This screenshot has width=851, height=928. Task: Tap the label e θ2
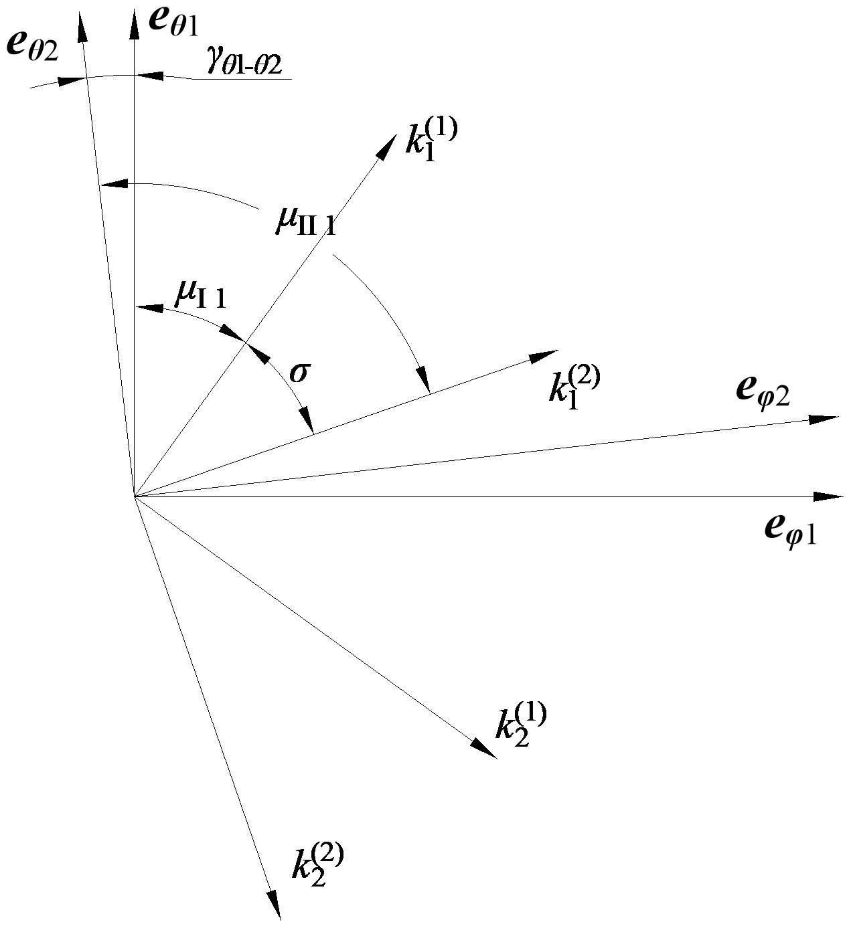[x=32, y=48]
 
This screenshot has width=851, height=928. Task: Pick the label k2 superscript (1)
[x=521, y=725]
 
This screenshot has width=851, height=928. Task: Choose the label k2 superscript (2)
[x=317, y=864]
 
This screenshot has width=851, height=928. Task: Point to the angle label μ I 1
[x=200, y=294]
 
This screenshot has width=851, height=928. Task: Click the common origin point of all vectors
[x=134, y=497]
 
